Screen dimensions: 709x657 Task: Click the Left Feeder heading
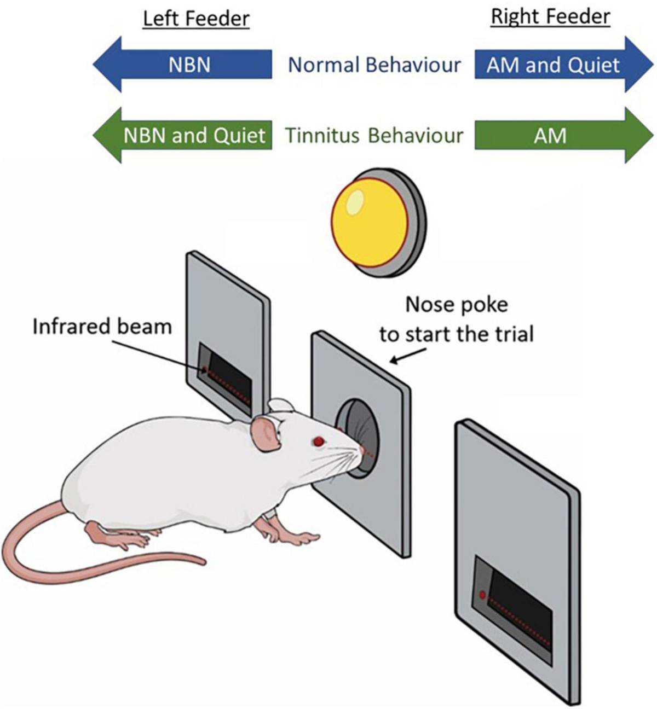pyautogui.click(x=196, y=19)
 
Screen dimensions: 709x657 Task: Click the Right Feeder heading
pyautogui.click(x=550, y=16)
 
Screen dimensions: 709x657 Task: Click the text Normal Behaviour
pyautogui.click(x=374, y=65)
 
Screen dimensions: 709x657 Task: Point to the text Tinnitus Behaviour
pyautogui.click(x=374, y=135)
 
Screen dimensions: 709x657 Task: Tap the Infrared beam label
pyautogui.click(x=102, y=326)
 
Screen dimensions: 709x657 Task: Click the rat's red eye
pyautogui.click(x=318, y=441)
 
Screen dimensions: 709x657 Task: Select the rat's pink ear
pyautogui.click(x=264, y=433)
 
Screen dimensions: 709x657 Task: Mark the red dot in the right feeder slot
pyautogui.click(x=482, y=595)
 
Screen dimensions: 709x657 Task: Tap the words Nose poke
pyautogui.click(x=456, y=304)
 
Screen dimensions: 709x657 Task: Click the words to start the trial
pyautogui.click(x=456, y=333)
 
